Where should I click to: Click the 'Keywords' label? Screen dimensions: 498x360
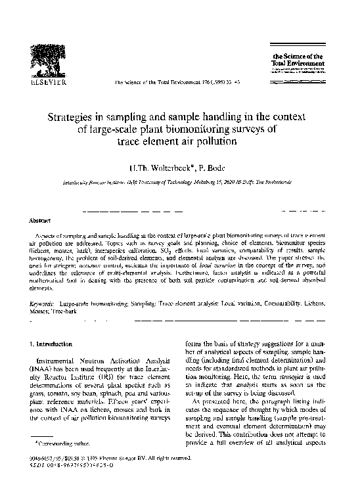point(44,305)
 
